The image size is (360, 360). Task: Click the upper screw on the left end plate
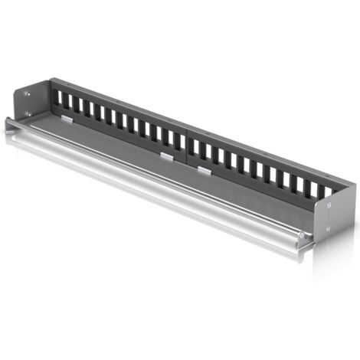[x=28, y=94]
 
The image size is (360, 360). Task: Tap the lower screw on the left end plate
[x=28, y=114]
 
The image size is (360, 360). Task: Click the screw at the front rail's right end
[x=302, y=234]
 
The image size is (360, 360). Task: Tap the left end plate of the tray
[x=28, y=105]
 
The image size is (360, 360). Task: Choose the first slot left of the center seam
[x=178, y=140]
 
